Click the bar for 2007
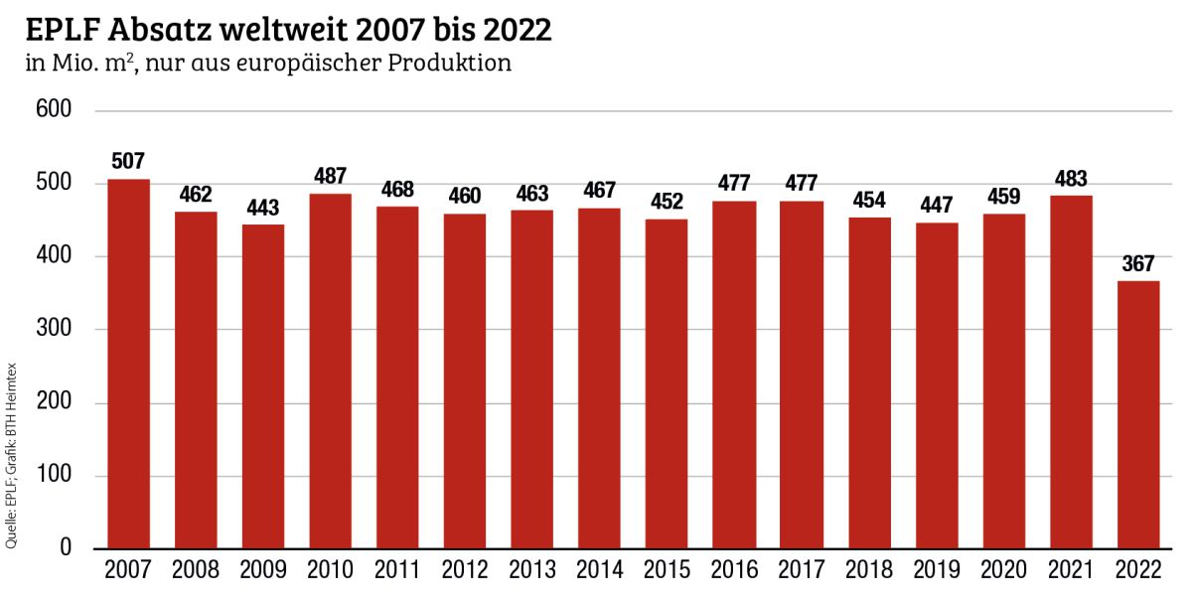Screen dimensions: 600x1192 (x=128, y=364)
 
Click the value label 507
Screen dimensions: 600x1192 (x=128, y=161)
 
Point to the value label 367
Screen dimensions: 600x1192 (x=1138, y=263)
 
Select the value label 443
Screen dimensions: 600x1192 (x=262, y=208)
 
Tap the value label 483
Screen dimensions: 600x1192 (x=1071, y=179)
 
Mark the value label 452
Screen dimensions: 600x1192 (x=667, y=202)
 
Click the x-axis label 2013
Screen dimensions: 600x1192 (x=532, y=572)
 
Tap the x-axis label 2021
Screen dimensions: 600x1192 (x=1071, y=572)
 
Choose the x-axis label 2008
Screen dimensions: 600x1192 (x=196, y=572)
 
